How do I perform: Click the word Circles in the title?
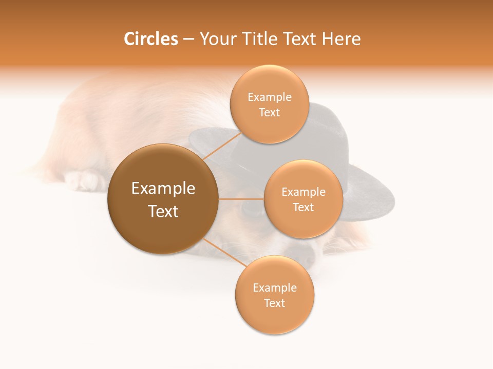(151, 39)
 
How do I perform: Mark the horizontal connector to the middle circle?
(241, 199)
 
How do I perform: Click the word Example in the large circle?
(163, 189)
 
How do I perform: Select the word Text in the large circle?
(163, 211)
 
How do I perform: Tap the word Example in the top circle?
(270, 97)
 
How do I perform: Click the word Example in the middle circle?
(304, 192)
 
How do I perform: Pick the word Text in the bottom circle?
(274, 303)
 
